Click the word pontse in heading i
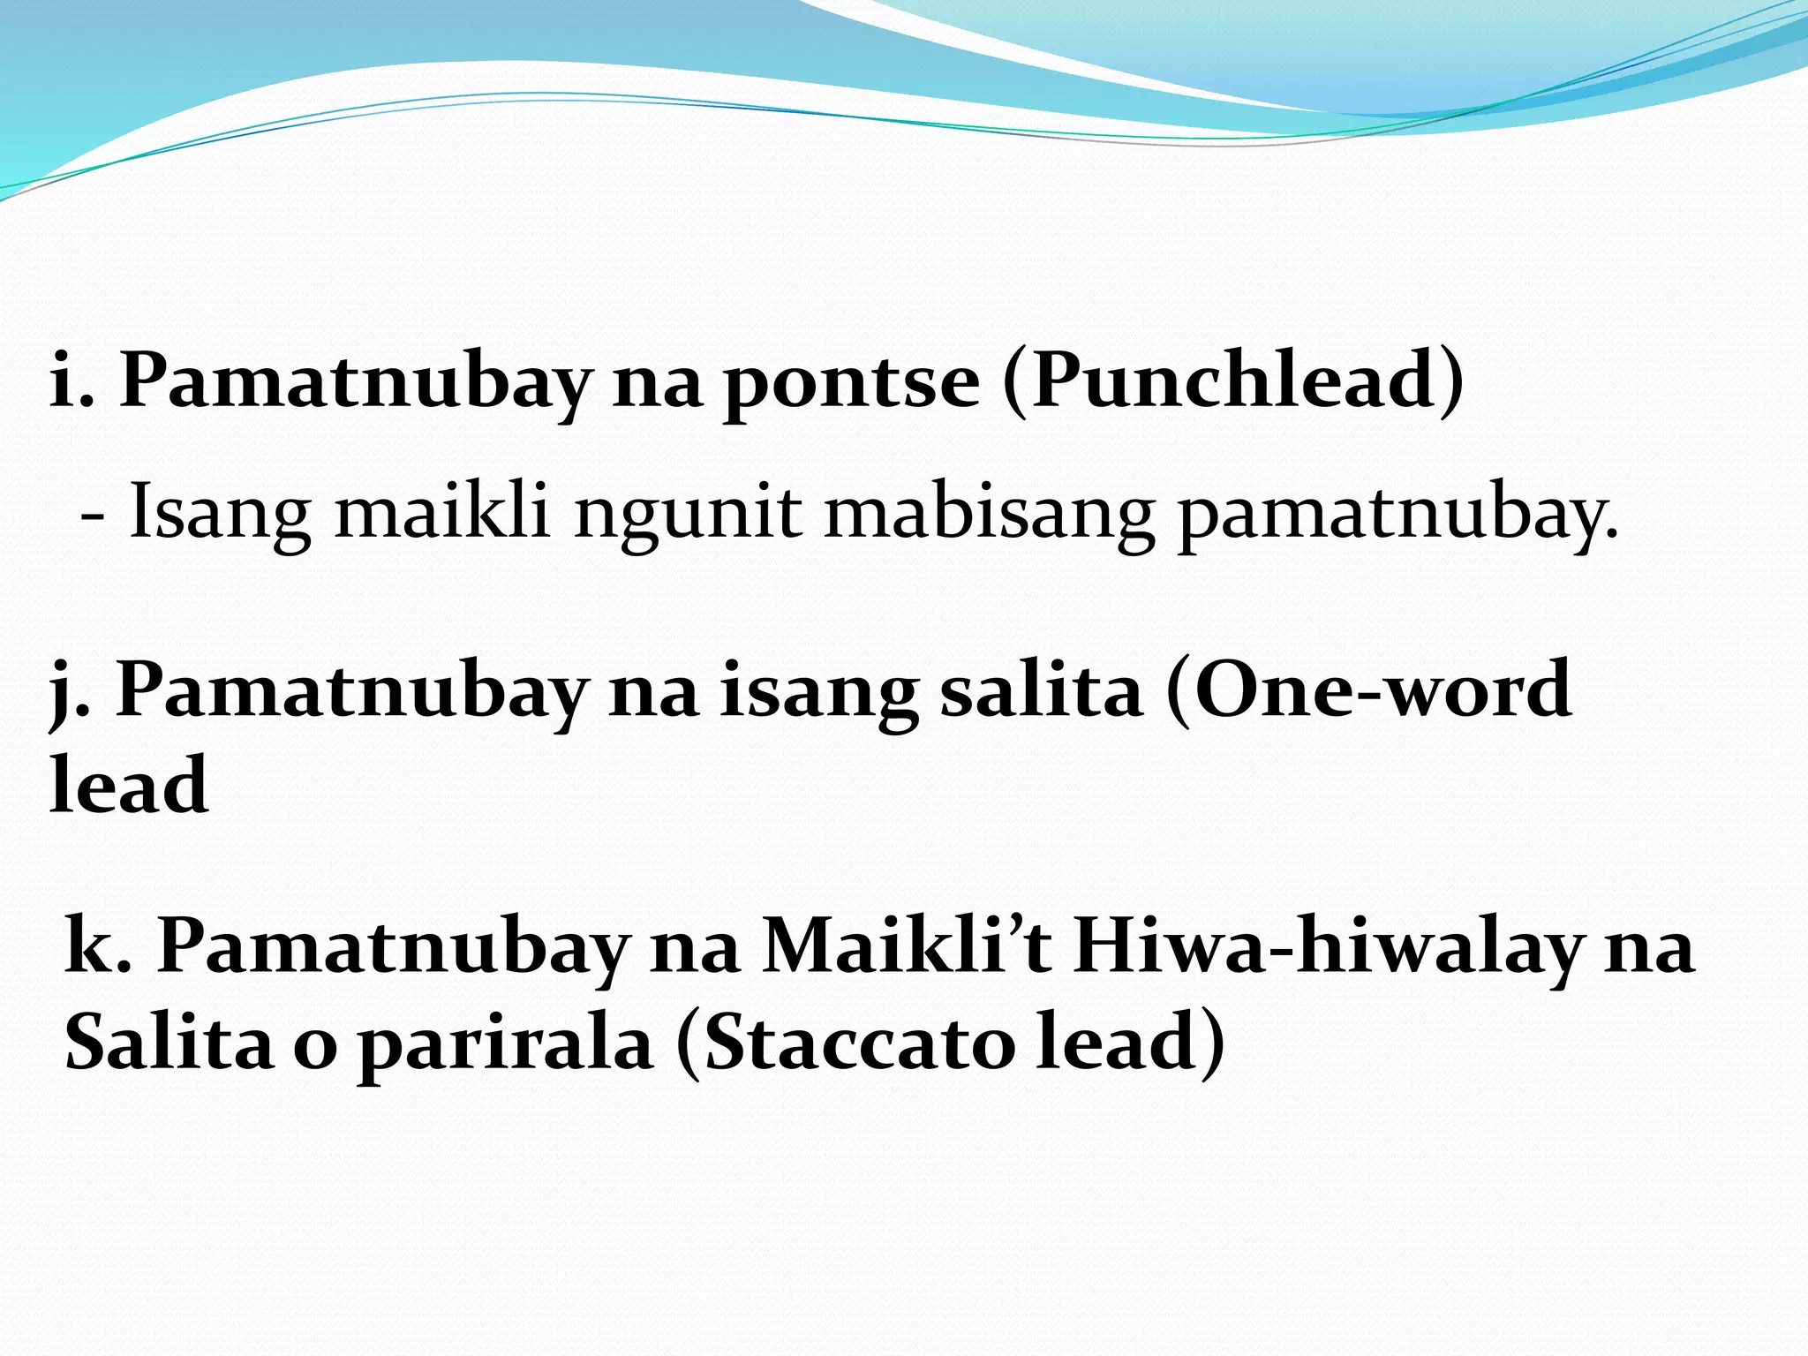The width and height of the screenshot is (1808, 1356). tap(851, 381)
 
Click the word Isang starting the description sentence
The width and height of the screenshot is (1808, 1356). tap(220, 514)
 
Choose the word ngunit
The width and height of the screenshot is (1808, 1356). tap(688, 514)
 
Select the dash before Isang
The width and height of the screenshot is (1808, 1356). tap(91, 514)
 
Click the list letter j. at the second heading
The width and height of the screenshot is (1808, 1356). tap(71, 690)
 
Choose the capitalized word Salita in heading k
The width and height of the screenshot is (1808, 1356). tap(169, 1042)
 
